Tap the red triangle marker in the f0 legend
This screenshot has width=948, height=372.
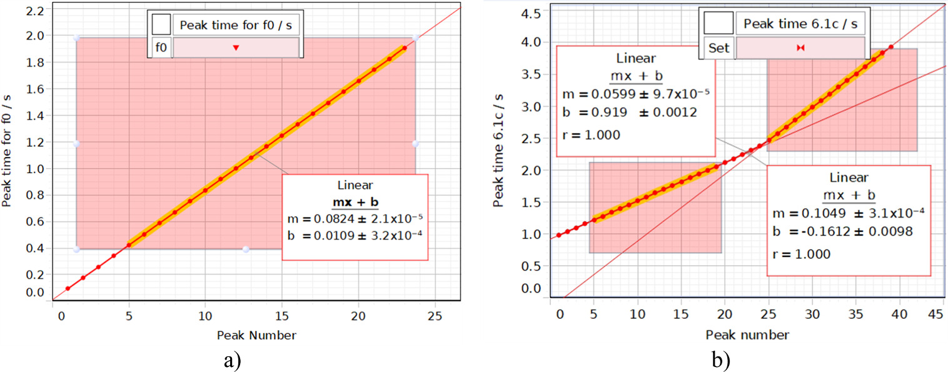coord(236,48)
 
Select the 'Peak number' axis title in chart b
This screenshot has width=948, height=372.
coord(747,334)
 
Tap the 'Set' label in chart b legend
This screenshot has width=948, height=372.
coord(719,48)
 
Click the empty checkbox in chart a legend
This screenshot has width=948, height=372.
coord(161,26)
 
